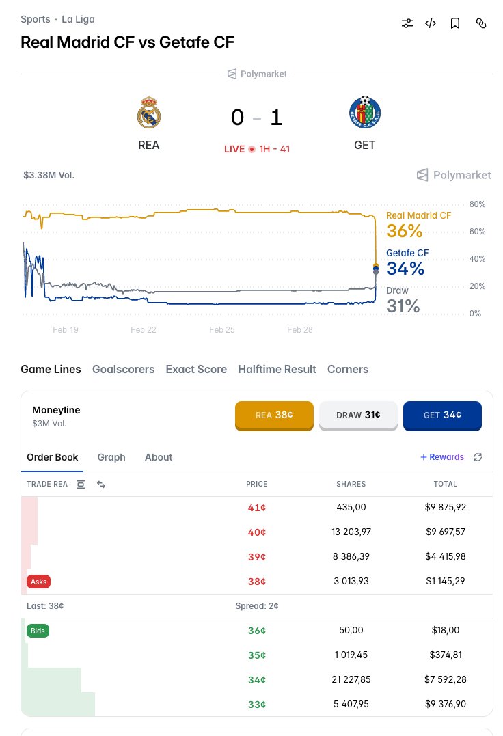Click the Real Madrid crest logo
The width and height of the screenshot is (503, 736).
pos(148,113)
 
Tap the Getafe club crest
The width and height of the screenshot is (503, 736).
pos(364,113)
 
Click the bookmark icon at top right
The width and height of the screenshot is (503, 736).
pos(455,23)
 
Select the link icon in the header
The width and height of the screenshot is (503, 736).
pos(481,23)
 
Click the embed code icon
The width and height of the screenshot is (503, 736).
pos(431,23)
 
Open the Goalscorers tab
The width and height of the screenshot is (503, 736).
pos(123,369)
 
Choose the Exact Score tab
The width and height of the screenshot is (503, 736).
pos(196,369)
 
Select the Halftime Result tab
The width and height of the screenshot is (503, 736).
pos(277,369)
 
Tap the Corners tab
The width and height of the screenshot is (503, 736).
pos(347,369)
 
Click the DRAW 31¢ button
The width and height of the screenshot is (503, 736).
pos(358,415)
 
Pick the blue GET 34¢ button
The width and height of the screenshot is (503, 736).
pos(442,415)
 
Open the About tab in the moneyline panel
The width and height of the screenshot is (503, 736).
pos(159,457)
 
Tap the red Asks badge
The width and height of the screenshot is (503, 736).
pos(39,582)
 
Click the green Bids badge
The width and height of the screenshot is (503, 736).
pos(38,631)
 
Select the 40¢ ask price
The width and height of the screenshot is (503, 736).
pos(257,532)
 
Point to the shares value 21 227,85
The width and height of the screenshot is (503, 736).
pos(351,680)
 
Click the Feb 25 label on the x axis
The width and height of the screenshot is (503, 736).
pos(222,329)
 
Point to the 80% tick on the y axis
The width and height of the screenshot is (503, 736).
pos(477,204)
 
